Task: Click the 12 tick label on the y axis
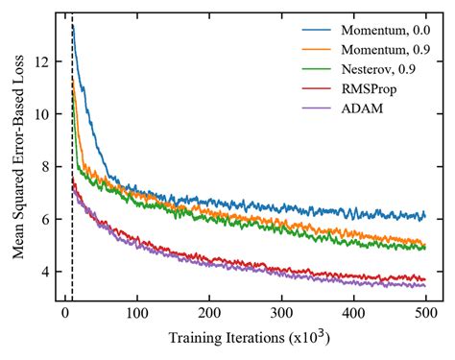(x=39, y=61)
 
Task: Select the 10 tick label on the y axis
(x=39, y=114)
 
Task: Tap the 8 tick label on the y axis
(x=43, y=167)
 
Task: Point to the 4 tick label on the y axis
(x=43, y=272)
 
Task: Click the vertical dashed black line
(x=72, y=192)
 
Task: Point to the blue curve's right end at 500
(x=425, y=216)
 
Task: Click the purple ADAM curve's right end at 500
(x=425, y=285)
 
